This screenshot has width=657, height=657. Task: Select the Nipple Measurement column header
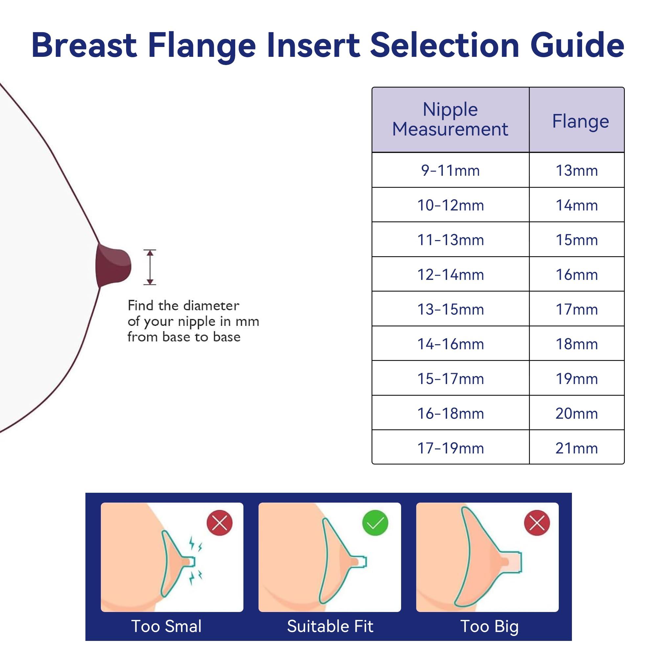pos(450,119)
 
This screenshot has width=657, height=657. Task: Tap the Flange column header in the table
pos(580,121)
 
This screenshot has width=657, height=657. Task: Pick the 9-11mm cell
pos(450,170)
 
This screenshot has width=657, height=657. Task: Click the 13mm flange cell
pos(577,170)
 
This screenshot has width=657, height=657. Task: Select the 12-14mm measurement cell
pos(450,274)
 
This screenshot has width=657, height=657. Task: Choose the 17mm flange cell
pos(577,309)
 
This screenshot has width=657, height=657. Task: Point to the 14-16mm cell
pos(450,344)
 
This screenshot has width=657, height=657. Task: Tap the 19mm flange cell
pos(577,378)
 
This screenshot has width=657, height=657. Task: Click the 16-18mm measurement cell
pos(450,414)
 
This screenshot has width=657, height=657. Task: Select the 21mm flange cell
pos(577,448)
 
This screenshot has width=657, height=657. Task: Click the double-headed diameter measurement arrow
pos(149,267)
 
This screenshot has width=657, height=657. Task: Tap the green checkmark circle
pos(375,523)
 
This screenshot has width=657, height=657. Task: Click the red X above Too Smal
pos(219,523)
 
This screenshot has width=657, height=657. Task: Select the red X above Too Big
pos(537,523)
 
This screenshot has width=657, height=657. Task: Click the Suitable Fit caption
pos(330,626)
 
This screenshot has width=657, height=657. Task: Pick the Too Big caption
pos(489,626)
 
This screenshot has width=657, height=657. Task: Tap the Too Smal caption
pos(166,626)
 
